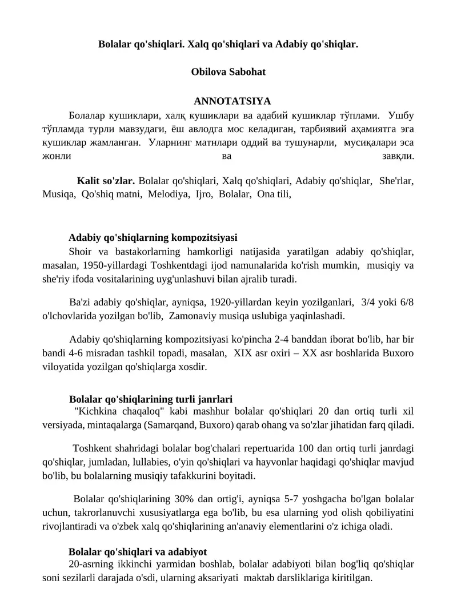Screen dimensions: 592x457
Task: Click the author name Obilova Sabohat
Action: point(228,72)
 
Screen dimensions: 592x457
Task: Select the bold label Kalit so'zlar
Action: point(106,181)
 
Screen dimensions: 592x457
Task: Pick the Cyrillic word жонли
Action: point(57,156)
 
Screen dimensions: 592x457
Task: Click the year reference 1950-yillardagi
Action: point(111,265)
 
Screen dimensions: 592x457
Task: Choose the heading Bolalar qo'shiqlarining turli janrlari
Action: point(151,399)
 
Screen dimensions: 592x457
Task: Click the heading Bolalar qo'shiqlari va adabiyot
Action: point(138,552)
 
